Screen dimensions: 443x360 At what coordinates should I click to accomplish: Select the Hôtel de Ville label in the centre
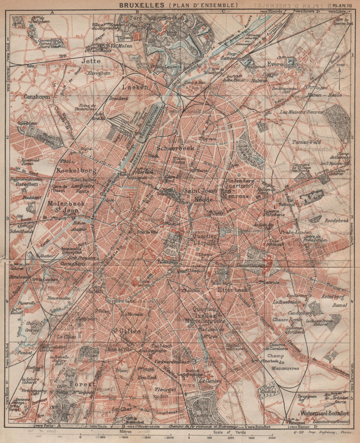(x=148, y=232)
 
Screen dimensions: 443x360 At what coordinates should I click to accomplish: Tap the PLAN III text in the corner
(x=344, y=5)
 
